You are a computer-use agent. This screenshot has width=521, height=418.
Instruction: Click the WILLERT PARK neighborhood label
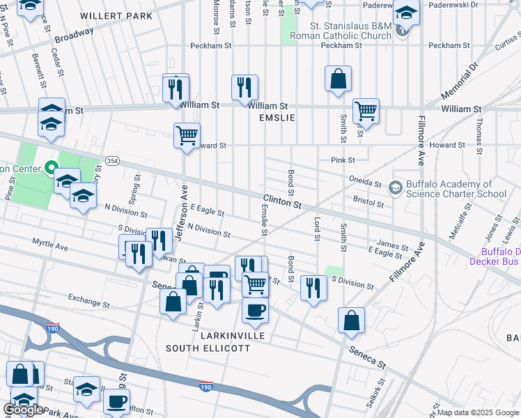tap(107, 15)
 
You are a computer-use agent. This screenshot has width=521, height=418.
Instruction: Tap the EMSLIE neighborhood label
tap(277, 118)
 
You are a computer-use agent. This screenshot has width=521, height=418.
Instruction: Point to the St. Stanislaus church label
tap(340, 30)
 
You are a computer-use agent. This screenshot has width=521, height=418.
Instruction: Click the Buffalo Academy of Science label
tap(456, 189)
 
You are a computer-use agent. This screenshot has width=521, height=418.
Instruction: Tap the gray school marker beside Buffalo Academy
tap(395, 187)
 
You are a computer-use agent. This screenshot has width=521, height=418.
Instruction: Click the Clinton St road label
tap(282, 201)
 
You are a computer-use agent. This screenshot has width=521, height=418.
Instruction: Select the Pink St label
tap(343, 160)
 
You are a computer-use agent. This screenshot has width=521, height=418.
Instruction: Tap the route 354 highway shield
tap(113, 161)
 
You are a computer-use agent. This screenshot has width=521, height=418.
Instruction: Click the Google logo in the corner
tap(22, 410)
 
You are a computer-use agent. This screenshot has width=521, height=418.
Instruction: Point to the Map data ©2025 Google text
tap(478, 412)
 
